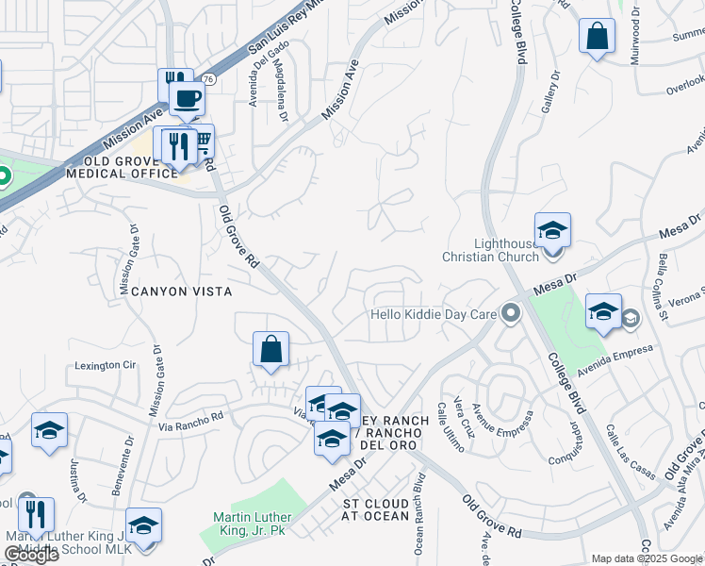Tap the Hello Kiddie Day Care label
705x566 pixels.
[433, 312]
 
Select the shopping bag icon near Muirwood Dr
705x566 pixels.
[597, 37]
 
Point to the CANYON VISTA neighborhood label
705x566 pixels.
[177, 291]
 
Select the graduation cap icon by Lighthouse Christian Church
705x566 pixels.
[552, 229]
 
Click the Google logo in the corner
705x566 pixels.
[31, 555]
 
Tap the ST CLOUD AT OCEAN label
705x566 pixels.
[375, 509]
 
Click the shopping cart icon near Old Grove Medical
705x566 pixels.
[201, 141]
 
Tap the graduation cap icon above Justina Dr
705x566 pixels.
[49, 431]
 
